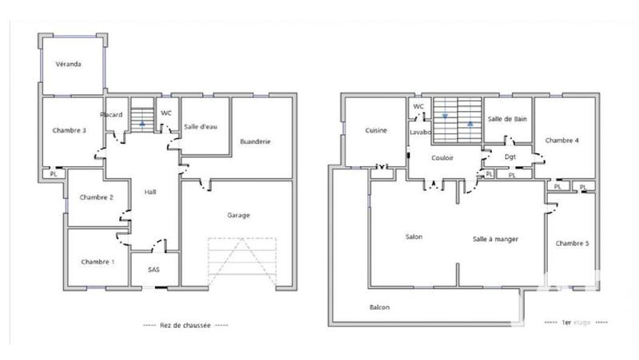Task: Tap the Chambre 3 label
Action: pos(69,130)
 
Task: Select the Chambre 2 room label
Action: pos(95,197)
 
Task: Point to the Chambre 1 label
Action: pos(97,262)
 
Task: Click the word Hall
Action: pos(150,192)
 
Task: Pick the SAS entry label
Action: pos(154,270)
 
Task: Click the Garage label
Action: pos(239,216)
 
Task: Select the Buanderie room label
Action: pos(256,142)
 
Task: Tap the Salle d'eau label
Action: pos(201,126)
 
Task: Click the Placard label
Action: pos(111,115)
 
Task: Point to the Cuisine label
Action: pos(376,130)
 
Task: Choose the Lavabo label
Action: pos(420,131)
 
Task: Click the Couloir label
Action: pos(443,158)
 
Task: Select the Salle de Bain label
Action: pos(506,119)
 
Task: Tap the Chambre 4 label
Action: pos(562,140)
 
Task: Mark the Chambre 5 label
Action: pos(572,243)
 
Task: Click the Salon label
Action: pos(414,237)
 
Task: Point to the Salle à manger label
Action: pos(496,239)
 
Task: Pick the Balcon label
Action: pos(379,307)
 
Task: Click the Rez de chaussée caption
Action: pos(185,325)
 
